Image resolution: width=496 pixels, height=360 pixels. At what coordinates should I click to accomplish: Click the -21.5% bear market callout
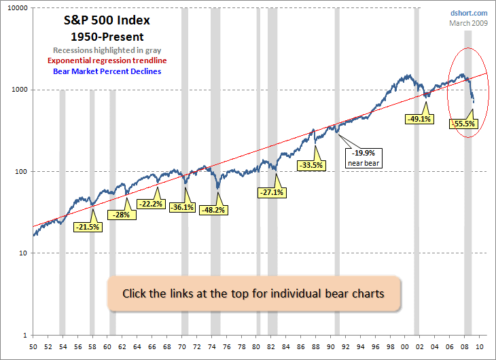88,227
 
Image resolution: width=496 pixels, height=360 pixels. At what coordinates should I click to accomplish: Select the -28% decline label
122,215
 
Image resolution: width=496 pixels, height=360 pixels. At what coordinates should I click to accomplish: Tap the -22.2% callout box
151,204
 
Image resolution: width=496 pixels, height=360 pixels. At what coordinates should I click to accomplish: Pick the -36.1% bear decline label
182,207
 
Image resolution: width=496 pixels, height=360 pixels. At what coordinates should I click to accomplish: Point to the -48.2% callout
214,211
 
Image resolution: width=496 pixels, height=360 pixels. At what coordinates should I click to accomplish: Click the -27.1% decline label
272,192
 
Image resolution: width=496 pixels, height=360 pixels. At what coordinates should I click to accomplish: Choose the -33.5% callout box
311,164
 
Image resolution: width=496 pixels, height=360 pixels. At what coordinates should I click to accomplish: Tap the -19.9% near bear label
362,158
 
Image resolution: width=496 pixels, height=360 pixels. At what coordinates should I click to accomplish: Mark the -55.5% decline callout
463,124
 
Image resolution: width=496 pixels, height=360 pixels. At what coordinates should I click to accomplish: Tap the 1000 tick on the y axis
19,90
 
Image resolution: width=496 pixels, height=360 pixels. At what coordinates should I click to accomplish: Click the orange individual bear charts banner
254,294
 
